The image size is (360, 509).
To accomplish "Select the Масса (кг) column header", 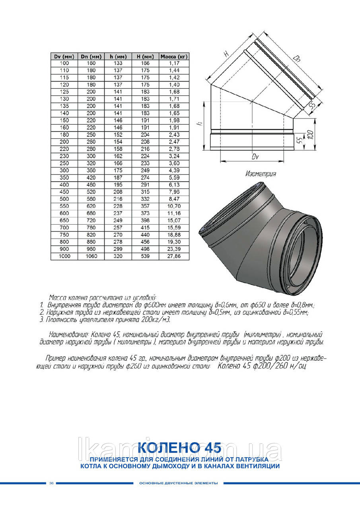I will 174,56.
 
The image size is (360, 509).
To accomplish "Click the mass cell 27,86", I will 174,256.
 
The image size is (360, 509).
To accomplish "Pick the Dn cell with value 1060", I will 91,256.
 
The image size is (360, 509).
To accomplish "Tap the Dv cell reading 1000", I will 64,256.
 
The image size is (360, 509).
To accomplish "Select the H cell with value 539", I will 145,256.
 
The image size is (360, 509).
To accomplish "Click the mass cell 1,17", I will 174,63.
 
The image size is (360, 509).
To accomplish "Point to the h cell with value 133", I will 118,63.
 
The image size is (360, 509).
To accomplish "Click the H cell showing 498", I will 145,249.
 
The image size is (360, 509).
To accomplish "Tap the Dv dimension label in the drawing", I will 255,157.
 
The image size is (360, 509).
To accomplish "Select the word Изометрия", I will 261,174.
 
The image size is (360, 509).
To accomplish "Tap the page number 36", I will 51,483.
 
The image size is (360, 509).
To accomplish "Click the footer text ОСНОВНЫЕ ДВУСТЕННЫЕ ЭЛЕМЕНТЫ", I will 178,483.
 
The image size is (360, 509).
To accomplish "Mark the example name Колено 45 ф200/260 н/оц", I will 262,366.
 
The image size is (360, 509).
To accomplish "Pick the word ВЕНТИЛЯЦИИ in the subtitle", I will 259,466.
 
